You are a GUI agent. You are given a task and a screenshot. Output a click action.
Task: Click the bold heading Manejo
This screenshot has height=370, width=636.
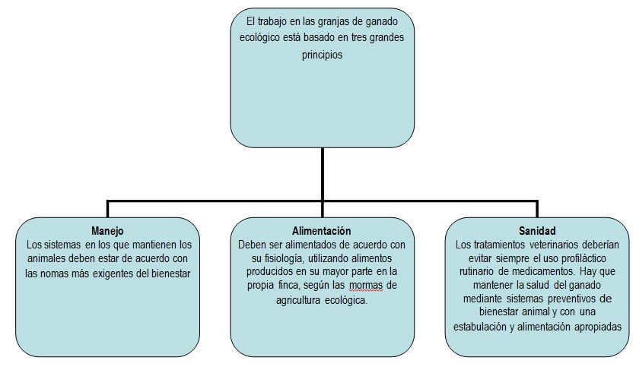107,231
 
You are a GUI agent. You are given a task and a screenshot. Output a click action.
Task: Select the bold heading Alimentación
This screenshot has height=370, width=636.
322,231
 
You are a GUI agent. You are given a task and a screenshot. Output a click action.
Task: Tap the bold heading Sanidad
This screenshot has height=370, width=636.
537,231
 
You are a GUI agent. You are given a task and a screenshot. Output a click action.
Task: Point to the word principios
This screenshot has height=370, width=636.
322,55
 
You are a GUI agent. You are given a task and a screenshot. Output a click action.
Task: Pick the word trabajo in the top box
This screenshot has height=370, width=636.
273,21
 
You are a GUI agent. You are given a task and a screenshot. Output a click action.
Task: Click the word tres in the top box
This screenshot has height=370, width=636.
358,37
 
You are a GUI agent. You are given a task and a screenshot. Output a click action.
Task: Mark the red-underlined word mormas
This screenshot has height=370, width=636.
366,286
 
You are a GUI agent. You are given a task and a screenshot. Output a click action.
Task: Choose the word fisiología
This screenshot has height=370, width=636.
283,258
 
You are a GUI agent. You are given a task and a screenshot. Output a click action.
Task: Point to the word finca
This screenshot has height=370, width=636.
289,286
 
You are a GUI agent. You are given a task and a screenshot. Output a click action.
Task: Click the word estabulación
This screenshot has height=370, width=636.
479,327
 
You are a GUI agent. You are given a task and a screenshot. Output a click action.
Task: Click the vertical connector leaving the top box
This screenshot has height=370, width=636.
323,174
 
